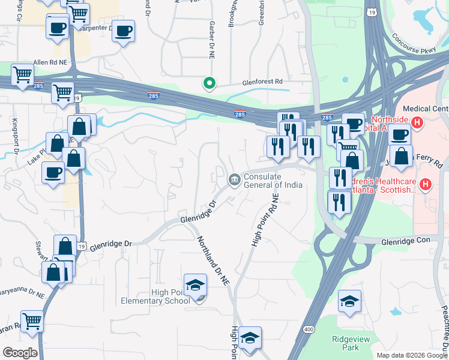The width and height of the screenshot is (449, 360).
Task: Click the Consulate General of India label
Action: [x=273, y=180]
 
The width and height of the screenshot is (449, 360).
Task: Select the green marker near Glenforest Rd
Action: [x=209, y=83]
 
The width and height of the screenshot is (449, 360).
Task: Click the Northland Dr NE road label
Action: [x=214, y=259]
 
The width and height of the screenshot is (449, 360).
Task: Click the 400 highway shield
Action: [x=309, y=329]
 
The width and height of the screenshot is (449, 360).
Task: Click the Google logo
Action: [x=20, y=352]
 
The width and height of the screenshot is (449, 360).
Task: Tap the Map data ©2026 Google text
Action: [x=411, y=355]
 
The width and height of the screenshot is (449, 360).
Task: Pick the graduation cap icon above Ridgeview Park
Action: [x=349, y=302]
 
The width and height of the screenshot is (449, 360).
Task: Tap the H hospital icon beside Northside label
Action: [x=418, y=124]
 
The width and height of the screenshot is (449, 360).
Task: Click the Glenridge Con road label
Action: [x=414, y=241]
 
